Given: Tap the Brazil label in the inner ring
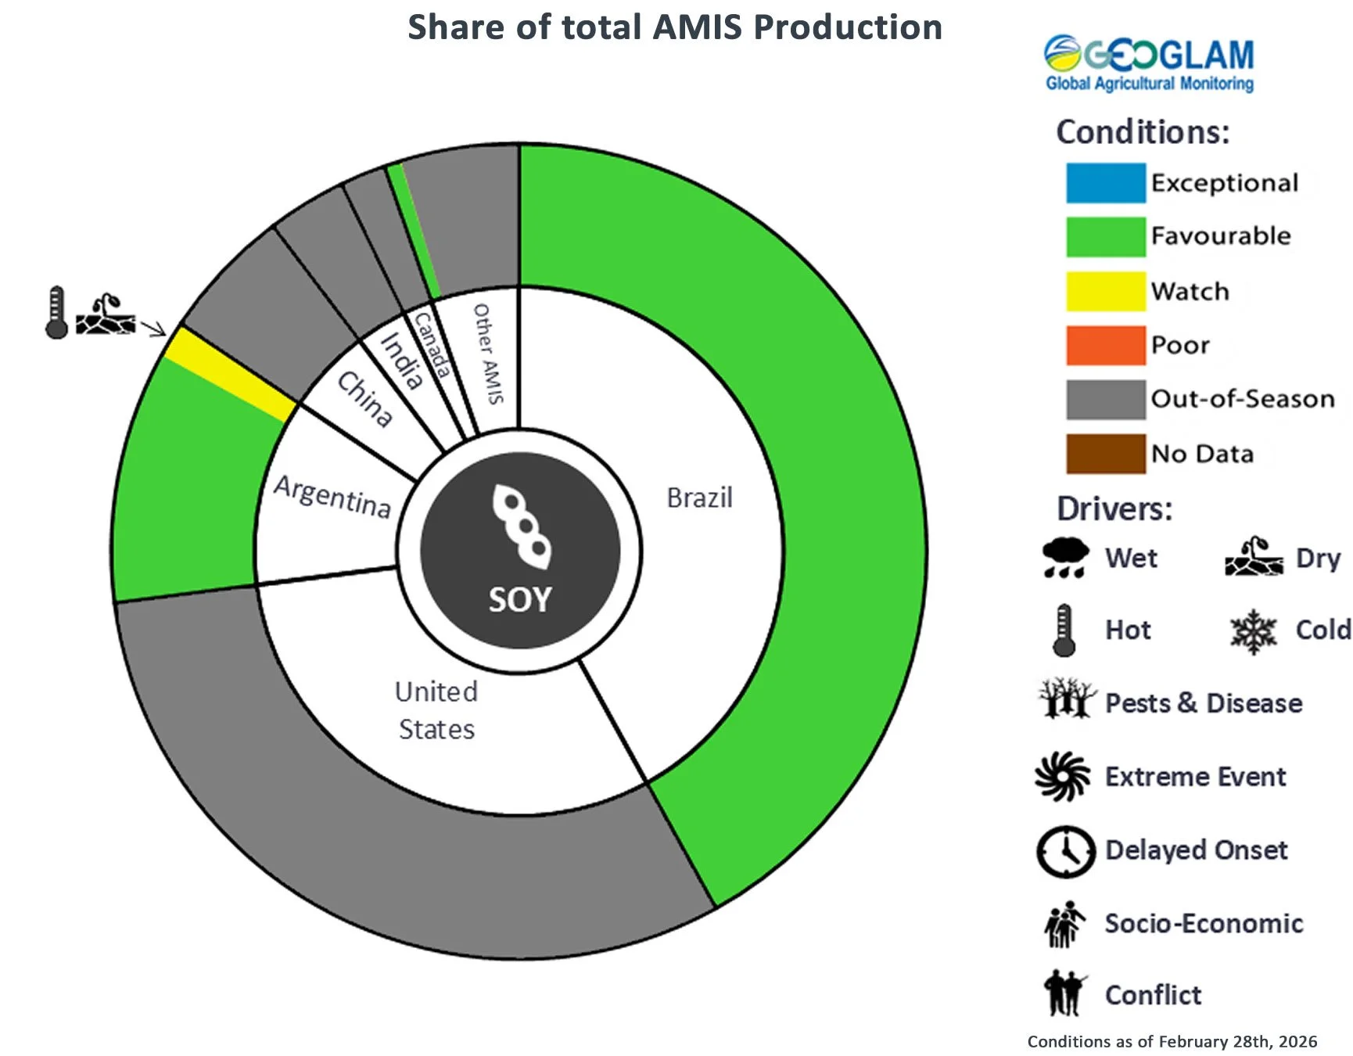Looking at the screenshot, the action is click(x=699, y=497).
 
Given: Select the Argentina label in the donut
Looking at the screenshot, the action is click(x=332, y=496).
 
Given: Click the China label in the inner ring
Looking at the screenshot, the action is click(x=364, y=399).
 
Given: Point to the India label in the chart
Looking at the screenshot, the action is click(x=402, y=361).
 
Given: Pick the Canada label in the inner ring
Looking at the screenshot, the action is click(x=432, y=345).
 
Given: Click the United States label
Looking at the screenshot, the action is click(x=436, y=710).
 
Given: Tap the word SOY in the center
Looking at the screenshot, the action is click(x=520, y=600).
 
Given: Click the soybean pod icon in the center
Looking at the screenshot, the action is click(x=521, y=526).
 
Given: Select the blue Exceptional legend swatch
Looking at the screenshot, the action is click(x=1105, y=183).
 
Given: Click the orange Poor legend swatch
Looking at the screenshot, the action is click(x=1105, y=345).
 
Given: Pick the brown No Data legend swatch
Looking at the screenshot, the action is click(x=1105, y=454).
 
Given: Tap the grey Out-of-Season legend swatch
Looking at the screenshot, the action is click(x=1105, y=400).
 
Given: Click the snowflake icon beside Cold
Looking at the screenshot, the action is click(x=1253, y=631).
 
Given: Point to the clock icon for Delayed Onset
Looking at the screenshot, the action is click(x=1065, y=851).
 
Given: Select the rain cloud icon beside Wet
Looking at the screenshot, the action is click(x=1064, y=558).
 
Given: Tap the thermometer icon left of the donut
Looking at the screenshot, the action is click(x=56, y=313).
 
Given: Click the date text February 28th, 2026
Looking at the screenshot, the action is click(x=1237, y=1042).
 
